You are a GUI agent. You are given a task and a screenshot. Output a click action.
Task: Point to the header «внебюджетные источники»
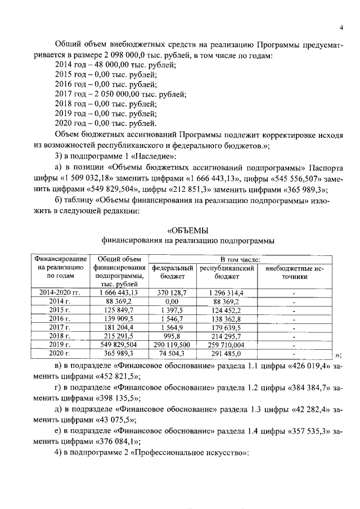tap(292, 273)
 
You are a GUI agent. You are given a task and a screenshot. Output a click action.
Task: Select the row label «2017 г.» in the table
tap(60, 327)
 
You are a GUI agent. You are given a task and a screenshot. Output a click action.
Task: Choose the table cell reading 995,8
tap(173, 335)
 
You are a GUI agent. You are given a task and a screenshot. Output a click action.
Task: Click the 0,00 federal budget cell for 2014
tap(173, 301)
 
